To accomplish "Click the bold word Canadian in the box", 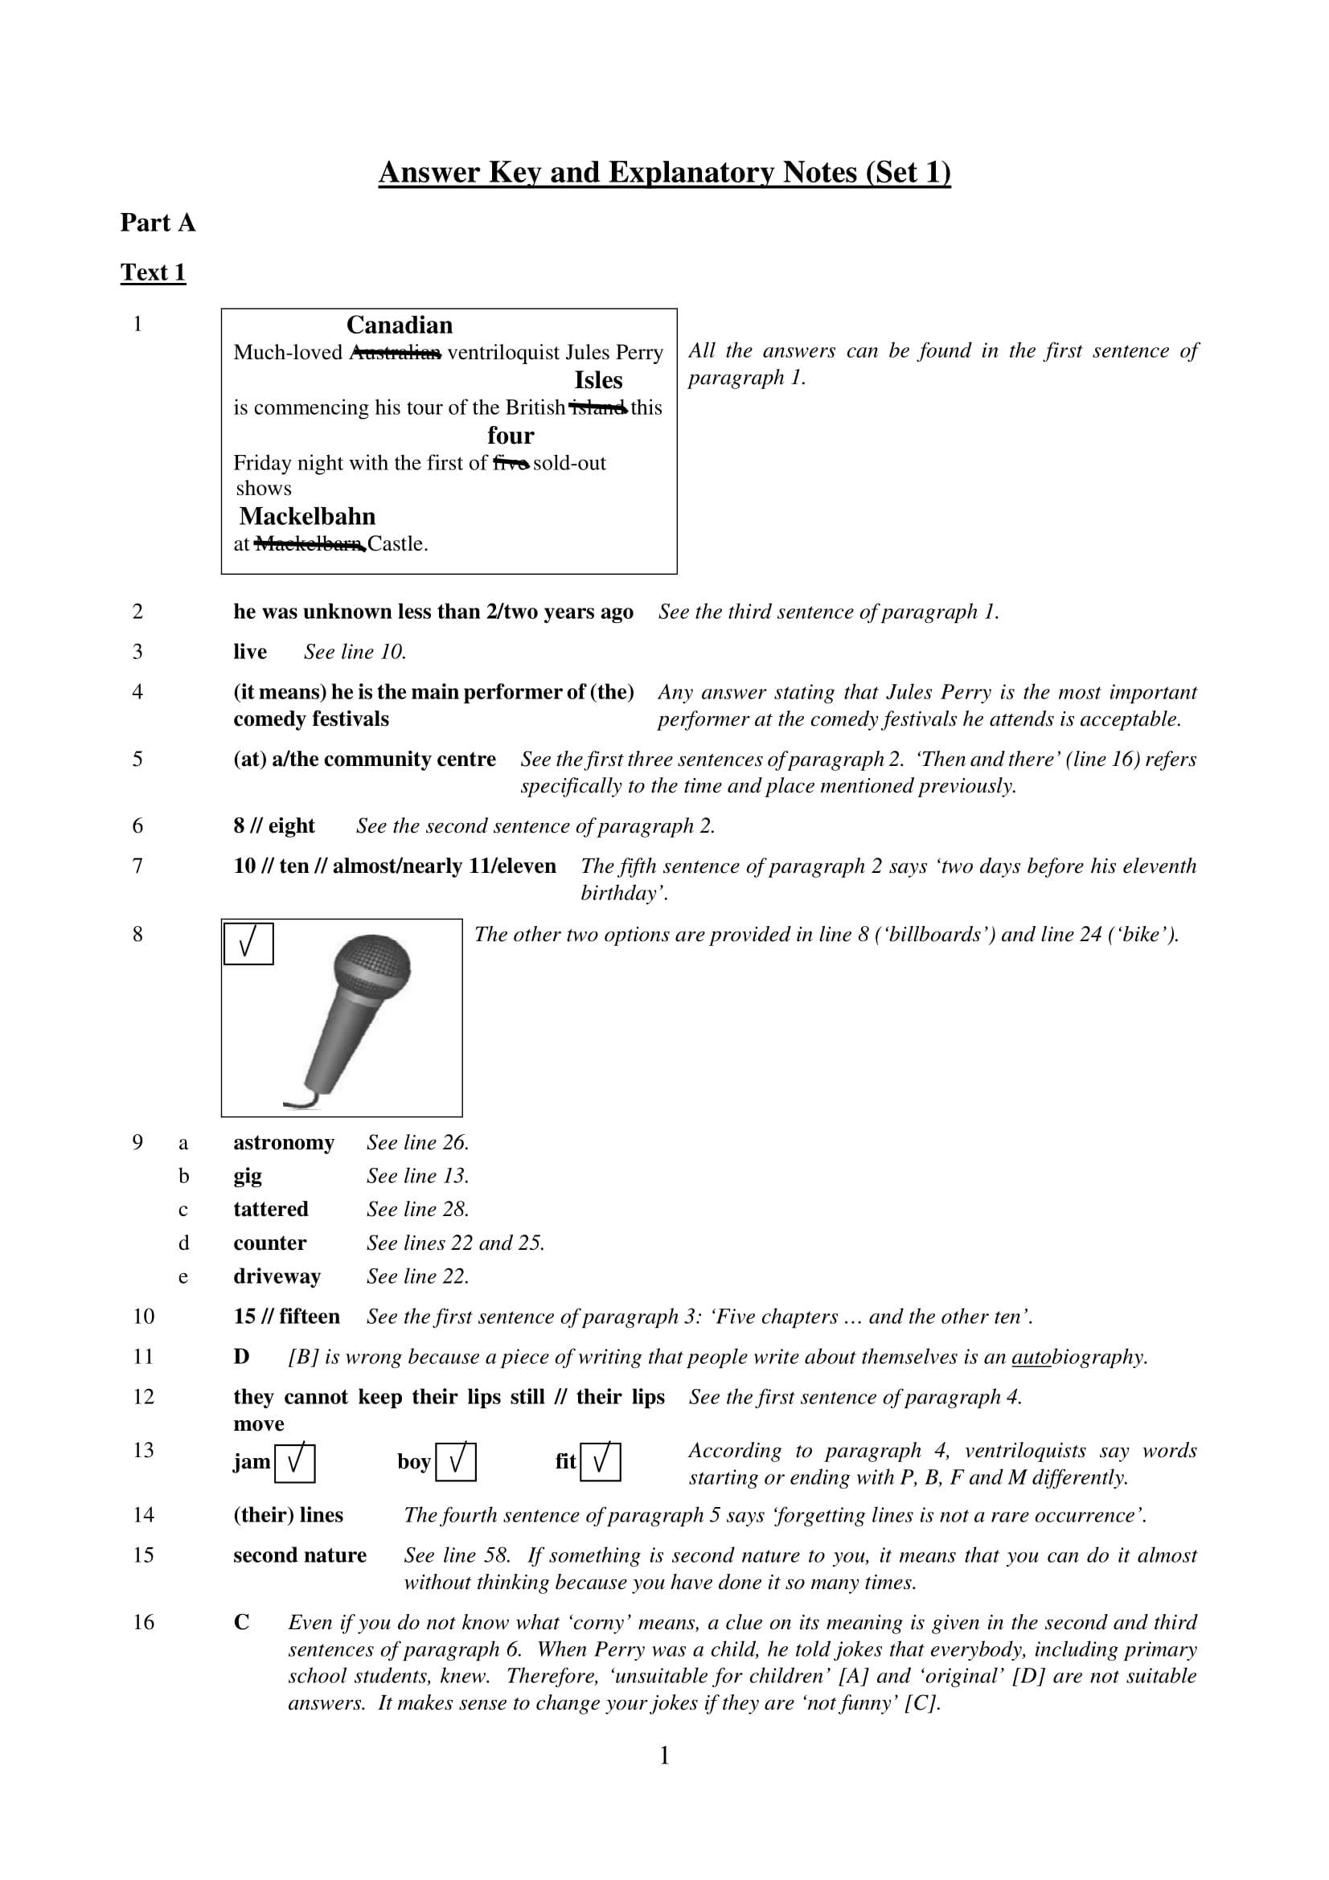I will [399, 325].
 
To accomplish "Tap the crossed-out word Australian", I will [395, 353].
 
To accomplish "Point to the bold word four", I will [511, 436].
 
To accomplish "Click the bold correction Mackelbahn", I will [307, 517].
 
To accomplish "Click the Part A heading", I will [158, 223].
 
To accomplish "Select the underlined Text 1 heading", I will [153, 272].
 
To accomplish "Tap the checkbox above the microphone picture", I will [248, 944].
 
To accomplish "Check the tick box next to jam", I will [294, 1462].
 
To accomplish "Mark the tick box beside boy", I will [455, 1462].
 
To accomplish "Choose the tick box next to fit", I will [601, 1462].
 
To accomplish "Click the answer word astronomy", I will [283, 1143].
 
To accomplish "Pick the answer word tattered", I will [270, 1210].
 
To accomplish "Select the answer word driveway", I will [277, 1276].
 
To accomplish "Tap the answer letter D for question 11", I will [240, 1357].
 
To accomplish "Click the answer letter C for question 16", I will [241, 1622].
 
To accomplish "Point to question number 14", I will [143, 1515].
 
